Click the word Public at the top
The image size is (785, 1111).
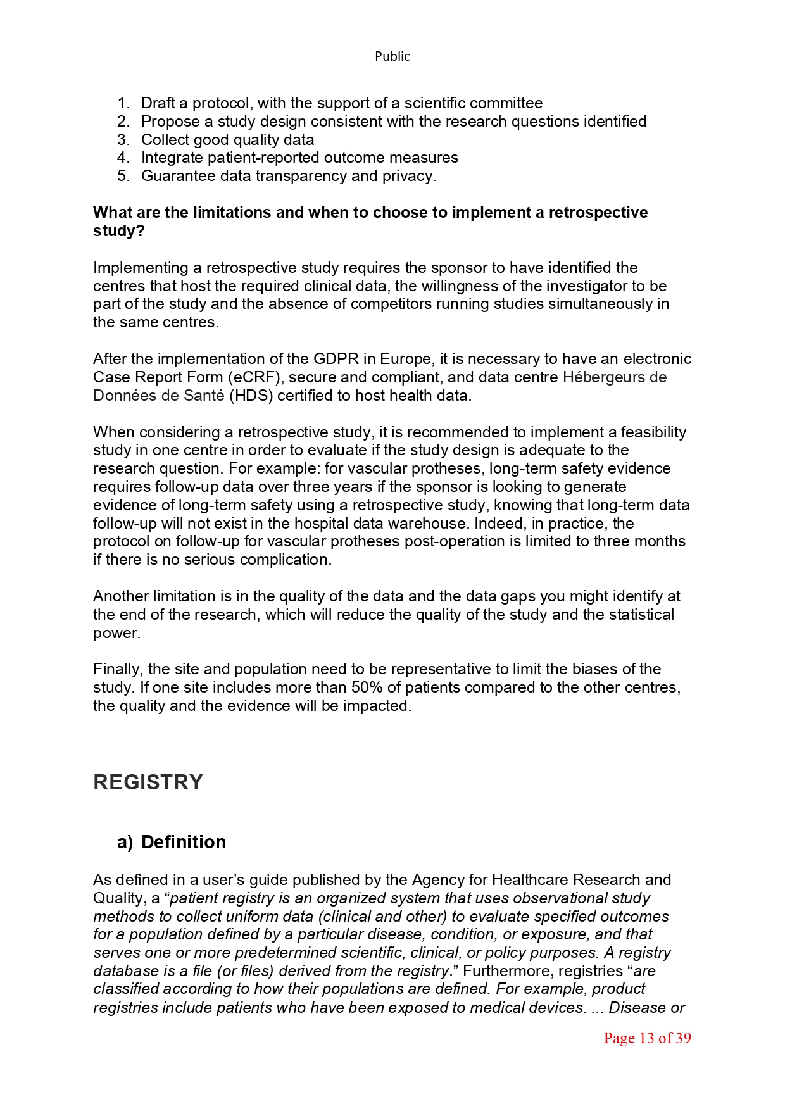392,56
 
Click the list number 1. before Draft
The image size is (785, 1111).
123,103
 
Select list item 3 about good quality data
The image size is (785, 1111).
227,140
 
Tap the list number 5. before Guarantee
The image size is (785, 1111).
123,176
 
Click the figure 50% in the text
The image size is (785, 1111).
367,687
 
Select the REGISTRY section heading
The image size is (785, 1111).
148,782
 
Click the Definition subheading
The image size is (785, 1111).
184,842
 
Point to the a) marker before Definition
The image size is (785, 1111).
125,843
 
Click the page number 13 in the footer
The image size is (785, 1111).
646,1038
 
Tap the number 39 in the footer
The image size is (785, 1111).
683,1038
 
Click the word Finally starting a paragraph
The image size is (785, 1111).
118,669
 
